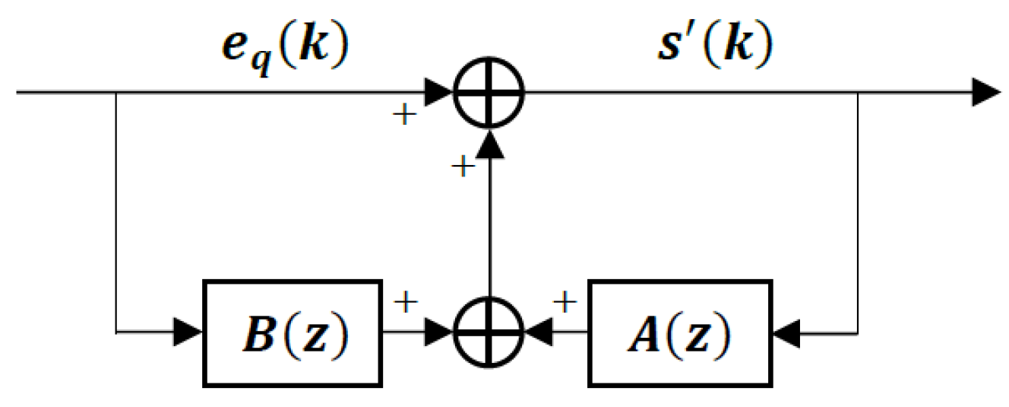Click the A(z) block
coord(680,332)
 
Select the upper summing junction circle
coord(490,94)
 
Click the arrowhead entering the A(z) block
coord(786,332)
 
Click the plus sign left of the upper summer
coord(404,115)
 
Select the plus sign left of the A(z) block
coord(565,303)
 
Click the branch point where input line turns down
coord(115,94)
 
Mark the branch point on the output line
coord(859,94)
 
